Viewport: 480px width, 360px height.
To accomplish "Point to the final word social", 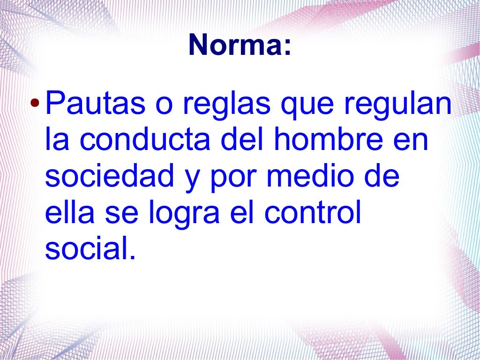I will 90,250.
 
